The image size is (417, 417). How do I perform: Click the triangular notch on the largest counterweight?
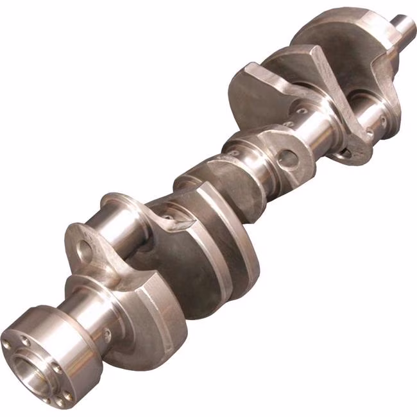pos(182,222)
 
